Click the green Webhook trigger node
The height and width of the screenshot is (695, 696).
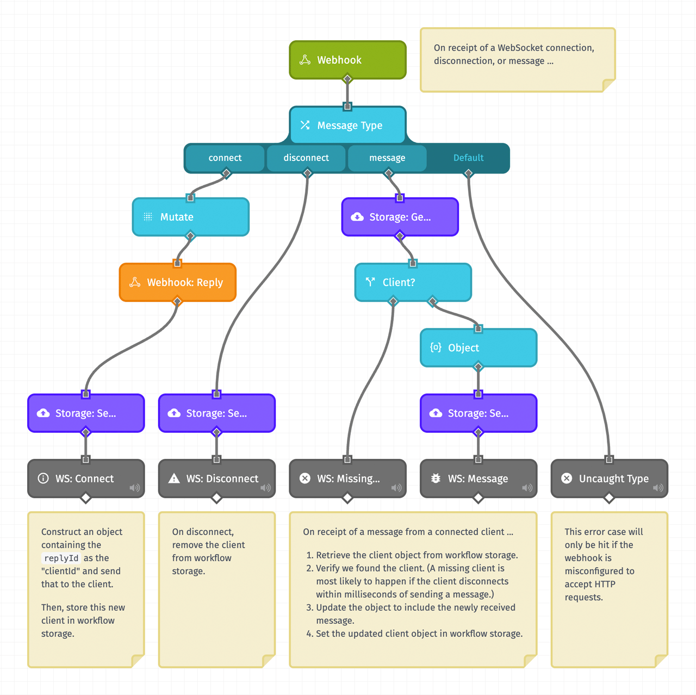coord(347,60)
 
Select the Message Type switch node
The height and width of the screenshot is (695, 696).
coord(347,125)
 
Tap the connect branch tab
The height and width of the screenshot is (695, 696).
coord(225,158)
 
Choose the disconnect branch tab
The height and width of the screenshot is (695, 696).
coord(306,158)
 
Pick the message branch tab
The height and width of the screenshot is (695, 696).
coord(387,158)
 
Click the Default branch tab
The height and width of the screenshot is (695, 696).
coord(468,158)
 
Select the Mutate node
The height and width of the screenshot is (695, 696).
coord(190,217)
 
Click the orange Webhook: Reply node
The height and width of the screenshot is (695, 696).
coord(177,282)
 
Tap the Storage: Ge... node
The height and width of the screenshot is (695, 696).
coord(400,217)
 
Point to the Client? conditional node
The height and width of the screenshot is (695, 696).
coord(413,282)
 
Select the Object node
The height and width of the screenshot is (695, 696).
coord(478,347)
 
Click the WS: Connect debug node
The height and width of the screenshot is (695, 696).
coord(85,479)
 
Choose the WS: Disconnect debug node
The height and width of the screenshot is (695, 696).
coord(216,479)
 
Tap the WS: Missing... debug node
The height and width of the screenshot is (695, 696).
coord(347,479)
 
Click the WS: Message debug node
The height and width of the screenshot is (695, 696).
coord(478,479)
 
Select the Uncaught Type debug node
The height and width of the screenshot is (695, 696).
coord(609,479)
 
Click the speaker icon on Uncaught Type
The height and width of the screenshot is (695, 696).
coord(658,488)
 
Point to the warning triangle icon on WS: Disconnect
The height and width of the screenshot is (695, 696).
coord(174,479)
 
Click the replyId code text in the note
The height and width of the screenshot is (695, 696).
coord(61,558)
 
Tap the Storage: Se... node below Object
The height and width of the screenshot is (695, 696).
coord(478,413)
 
